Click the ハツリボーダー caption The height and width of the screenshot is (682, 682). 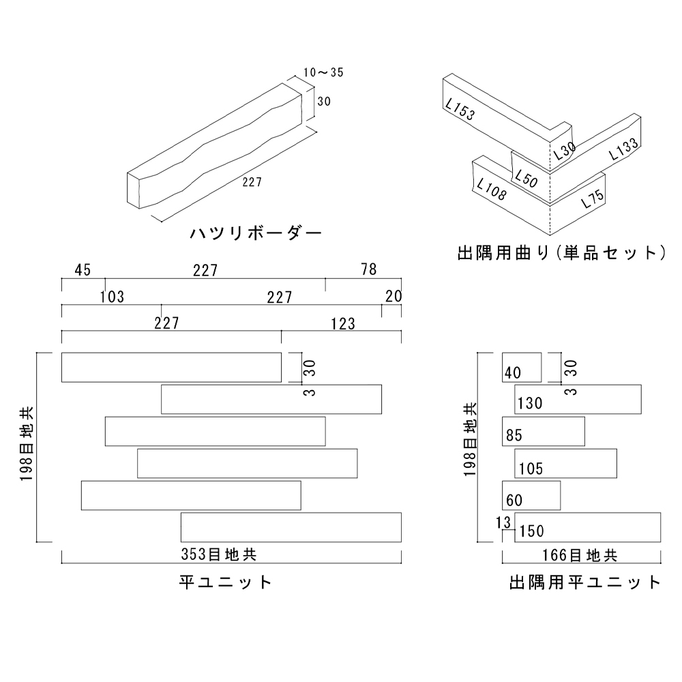tap(256, 233)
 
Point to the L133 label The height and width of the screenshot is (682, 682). tap(623, 149)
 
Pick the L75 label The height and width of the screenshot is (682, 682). tap(592, 198)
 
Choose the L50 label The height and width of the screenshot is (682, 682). tap(527, 179)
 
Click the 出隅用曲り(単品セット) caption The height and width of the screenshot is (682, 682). tap(561, 254)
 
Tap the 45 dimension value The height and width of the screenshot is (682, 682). tap(83, 270)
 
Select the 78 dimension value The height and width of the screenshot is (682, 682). tap(368, 270)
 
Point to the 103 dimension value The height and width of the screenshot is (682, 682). tap(112, 297)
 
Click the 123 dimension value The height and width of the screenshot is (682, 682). tap(342, 323)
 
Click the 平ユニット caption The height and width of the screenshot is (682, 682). tap(226, 582)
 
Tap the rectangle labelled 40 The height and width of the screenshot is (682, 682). tap(522, 368)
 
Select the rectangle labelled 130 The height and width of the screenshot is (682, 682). tap(578, 399)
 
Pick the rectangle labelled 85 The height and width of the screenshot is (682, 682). tap(544, 431)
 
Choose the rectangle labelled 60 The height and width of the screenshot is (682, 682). tap(531, 495)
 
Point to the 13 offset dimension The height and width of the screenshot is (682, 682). tap(504, 523)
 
